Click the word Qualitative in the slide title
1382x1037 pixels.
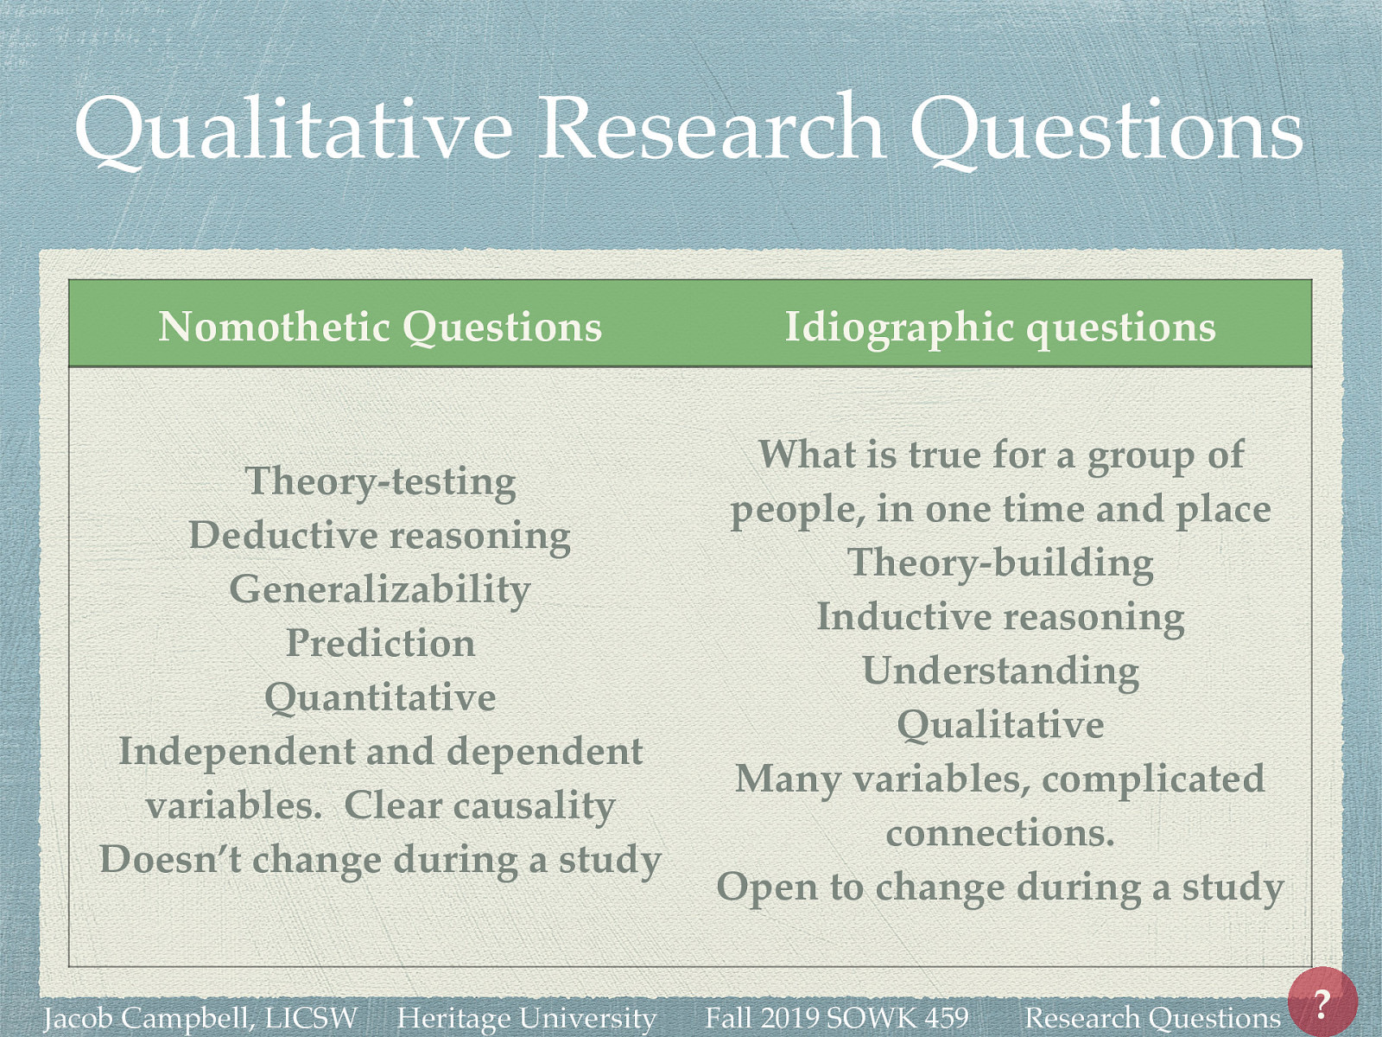(x=294, y=130)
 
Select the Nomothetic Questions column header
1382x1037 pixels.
(x=380, y=327)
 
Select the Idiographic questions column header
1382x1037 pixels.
(x=1000, y=327)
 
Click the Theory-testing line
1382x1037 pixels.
(x=381, y=481)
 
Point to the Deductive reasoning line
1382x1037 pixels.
(x=380, y=535)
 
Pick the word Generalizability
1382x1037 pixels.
(x=380, y=589)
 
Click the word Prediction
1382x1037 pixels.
(x=381, y=643)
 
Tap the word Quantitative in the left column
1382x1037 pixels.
(x=381, y=697)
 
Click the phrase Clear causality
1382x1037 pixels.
(x=479, y=805)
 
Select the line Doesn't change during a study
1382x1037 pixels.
(x=381, y=860)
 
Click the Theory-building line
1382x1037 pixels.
(x=1001, y=563)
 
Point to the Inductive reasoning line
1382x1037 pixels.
(x=1001, y=617)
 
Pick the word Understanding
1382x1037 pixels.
(x=1001, y=671)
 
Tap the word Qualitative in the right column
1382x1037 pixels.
(x=1001, y=724)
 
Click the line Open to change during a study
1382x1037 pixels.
(x=1001, y=887)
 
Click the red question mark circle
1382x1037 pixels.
(x=1322, y=1002)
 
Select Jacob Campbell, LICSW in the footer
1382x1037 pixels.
(x=200, y=1018)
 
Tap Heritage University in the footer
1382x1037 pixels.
(x=527, y=1018)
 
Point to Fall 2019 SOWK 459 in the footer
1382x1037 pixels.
(x=837, y=1018)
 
